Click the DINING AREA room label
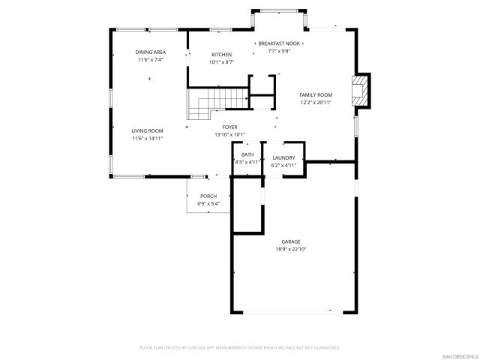coord(150,52)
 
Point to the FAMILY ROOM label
coord(316,94)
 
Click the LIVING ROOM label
coord(147,130)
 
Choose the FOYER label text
coord(229,127)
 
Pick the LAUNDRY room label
coord(283,157)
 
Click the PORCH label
coord(208,196)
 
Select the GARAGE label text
coord(291,241)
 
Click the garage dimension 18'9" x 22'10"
coord(291,249)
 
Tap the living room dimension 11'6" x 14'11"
coord(147,138)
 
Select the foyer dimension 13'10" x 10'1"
coord(229,135)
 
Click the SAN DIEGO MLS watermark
coord(457,355)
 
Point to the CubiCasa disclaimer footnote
coord(239,348)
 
